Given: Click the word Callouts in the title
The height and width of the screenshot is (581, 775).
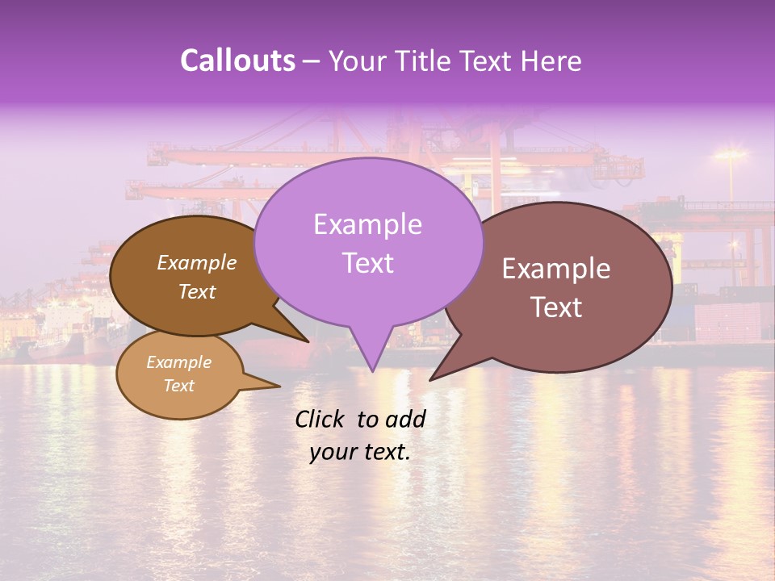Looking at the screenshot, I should pos(237,61).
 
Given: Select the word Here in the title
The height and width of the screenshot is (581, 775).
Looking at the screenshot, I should pos(551,61).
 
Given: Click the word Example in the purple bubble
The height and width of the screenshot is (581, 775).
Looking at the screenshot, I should pos(367,224).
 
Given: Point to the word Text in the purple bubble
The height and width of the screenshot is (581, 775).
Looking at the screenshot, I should pos(367,262).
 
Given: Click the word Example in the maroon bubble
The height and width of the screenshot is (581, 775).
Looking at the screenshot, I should pos(556,269).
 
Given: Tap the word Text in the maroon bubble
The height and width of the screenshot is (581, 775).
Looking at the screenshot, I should pos(556,307).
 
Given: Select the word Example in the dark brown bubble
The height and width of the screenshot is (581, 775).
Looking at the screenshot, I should pos(197,262).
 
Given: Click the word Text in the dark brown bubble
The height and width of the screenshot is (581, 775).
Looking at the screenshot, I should pos(197,291).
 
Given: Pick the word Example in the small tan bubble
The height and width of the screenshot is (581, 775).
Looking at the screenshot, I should pos(179,362).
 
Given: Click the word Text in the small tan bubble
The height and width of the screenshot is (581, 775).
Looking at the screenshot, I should pos(179,386).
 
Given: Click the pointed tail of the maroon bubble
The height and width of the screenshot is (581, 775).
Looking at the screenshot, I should pos(436,375).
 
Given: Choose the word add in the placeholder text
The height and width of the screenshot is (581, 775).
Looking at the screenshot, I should pos(406,419).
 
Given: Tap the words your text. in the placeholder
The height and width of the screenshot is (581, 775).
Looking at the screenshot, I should pos(360,452).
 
